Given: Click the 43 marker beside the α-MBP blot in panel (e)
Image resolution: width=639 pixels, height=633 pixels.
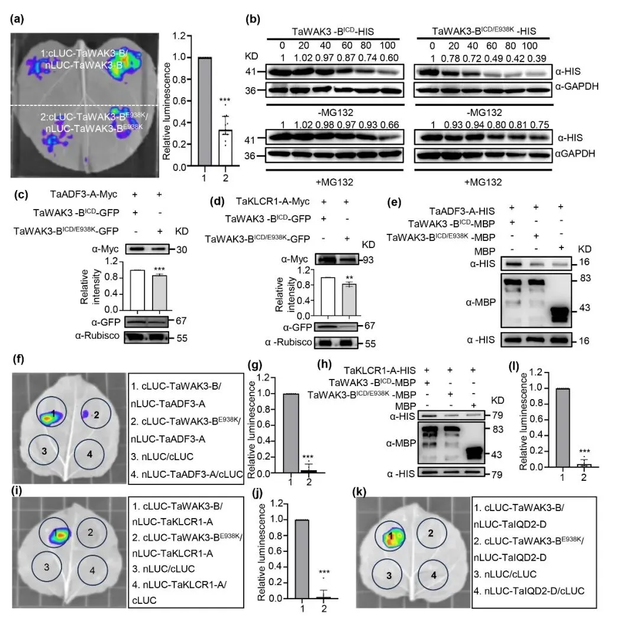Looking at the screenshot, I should (x=581, y=308).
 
